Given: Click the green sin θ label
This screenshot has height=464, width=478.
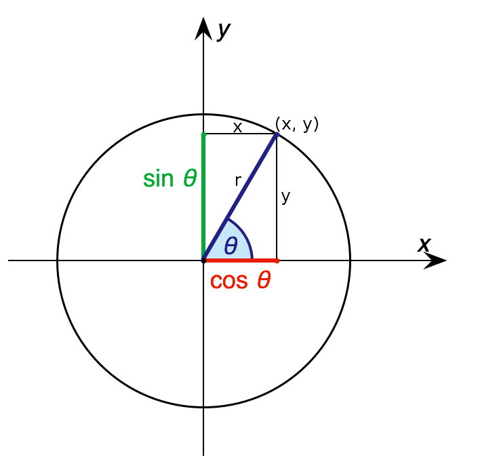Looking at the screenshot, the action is (170, 178).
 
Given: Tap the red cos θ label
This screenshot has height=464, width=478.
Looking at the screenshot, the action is (240, 280).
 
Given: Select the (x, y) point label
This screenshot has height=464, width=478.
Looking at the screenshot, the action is (296, 124).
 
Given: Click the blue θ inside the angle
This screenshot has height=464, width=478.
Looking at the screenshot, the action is (231, 246).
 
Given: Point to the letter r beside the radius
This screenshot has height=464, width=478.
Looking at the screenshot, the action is (238, 180).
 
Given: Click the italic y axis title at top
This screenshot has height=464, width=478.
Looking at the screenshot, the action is (224, 30).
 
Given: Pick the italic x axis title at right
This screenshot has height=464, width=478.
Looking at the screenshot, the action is (424, 244).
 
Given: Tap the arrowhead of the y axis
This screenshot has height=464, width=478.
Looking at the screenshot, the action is (203, 28).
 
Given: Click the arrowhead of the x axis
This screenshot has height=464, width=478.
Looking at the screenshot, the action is (435, 260).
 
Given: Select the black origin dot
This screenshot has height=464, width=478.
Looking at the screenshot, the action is (203, 260).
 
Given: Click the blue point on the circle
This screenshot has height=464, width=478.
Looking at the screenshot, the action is (277, 134).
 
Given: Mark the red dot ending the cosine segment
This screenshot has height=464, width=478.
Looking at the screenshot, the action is (277, 260).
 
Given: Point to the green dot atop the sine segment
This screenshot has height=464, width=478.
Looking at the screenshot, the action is (203, 134).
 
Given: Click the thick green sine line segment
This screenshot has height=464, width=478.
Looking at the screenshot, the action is (203, 197).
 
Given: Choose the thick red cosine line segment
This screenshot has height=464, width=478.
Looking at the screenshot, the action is (240, 260).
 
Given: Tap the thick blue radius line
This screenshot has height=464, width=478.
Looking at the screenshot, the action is (240, 197).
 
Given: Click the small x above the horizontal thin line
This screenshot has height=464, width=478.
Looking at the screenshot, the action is (237, 128).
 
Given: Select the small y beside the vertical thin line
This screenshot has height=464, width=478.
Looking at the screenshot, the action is (285, 197).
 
